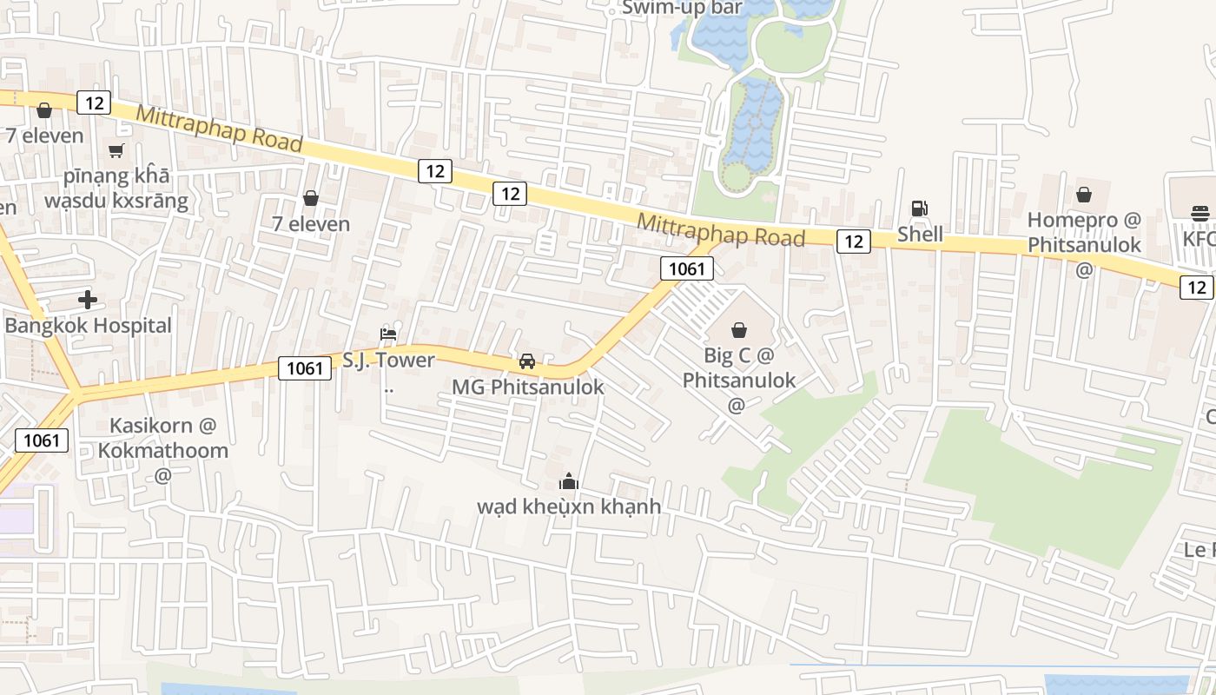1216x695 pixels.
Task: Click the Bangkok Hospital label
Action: click(88, 326)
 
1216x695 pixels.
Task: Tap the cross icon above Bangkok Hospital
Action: click(88, 301)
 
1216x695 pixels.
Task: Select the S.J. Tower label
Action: click(388, 360)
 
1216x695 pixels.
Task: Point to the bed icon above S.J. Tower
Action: click(388, 334)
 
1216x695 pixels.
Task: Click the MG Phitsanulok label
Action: click(527, 387)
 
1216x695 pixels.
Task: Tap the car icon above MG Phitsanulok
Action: click(526, 361)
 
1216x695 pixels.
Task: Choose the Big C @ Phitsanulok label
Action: click(738, 367)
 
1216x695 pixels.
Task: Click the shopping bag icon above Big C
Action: click(739, 330)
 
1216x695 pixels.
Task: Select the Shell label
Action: click(920, 234)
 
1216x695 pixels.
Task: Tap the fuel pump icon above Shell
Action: click(919, 208)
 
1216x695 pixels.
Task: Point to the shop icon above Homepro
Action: click(1084, 195)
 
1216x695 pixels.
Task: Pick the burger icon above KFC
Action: click(1201, 213)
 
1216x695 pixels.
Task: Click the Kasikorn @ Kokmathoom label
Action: click(163, 438)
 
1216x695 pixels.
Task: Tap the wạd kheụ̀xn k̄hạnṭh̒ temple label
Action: click(569, 506)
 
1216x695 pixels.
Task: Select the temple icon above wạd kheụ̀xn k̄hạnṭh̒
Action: click(569, 480)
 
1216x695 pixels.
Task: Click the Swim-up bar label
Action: click(682, 8)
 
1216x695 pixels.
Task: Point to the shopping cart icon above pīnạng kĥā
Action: click(116, 150)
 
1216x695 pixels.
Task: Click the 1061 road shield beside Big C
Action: click(686, 268)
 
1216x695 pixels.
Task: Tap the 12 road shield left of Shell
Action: click(854, 242)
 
